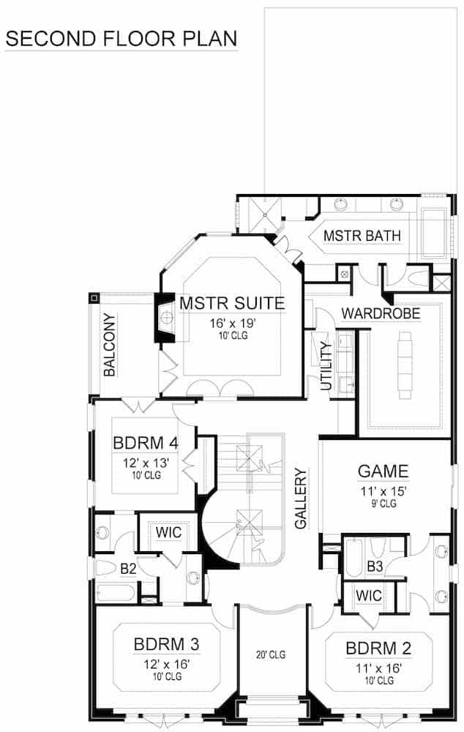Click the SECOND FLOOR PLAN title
[x=121, y=37]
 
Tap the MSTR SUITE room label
[x=232, y=302]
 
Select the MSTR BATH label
[x=362, y=236]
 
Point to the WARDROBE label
[x=381, y=313]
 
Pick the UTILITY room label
[x=326, y=365]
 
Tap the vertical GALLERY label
[x=300, y=498]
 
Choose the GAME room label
[x=383, y=471]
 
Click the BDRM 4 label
[x=144, y=444]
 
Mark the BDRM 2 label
[x=379, y=647]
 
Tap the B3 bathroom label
[x=375, y=565]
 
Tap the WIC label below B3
[x=369, y=596]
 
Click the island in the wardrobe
[x=405, y=366]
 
